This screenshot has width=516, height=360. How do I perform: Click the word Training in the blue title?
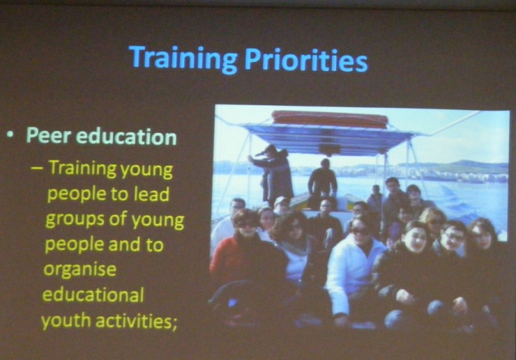tap(183, 59)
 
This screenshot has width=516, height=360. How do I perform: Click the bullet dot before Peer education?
tap(11, 134)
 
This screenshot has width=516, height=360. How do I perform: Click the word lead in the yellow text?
tap(152, 194)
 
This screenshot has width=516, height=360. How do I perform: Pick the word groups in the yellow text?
tap(75, 220)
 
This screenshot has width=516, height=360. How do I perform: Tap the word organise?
tap(80, 270)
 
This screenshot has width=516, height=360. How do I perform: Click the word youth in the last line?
tap(66, 320)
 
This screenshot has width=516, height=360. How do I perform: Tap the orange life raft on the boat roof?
tap(330, 119)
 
